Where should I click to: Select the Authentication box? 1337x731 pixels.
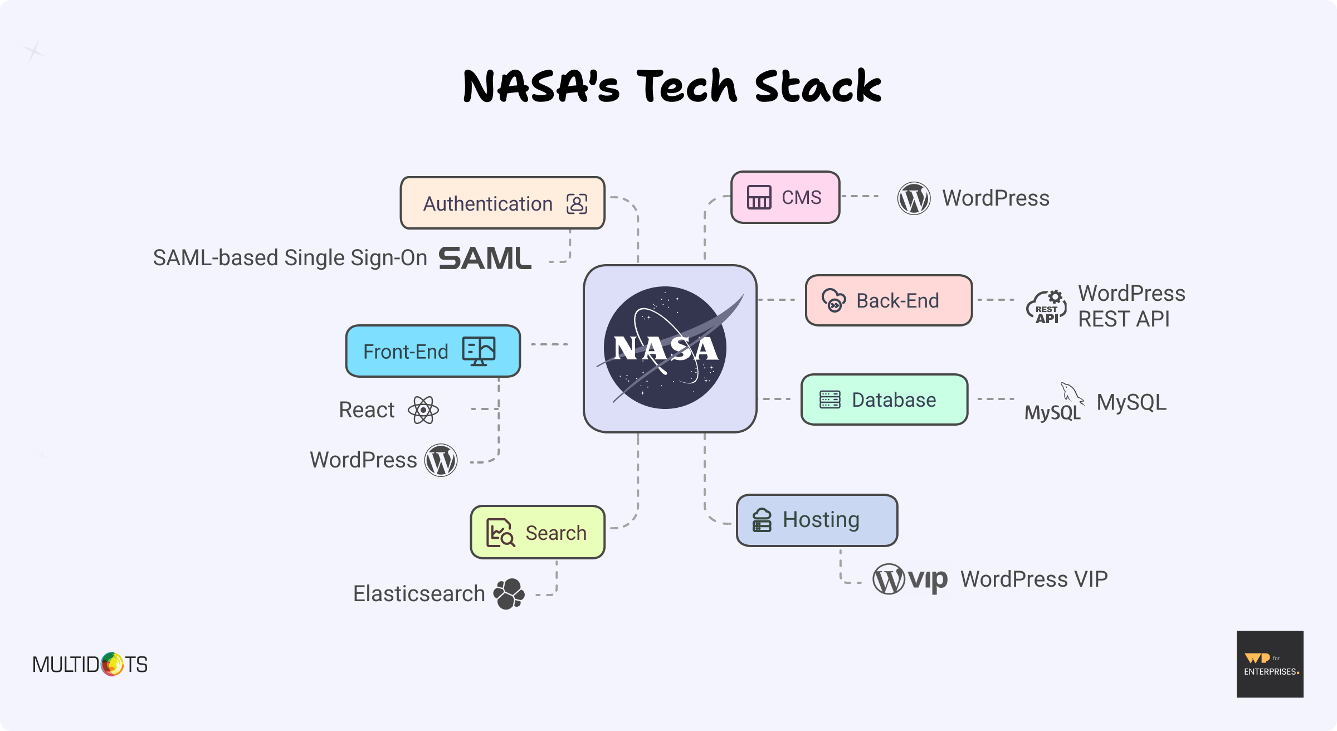point(502,203)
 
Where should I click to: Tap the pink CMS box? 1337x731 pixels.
point(785,197)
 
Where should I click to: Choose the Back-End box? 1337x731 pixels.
point(889,300)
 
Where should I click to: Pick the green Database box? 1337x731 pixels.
point(884,399)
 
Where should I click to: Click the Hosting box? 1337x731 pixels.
point(817,520)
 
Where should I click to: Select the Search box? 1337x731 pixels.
point(538,533)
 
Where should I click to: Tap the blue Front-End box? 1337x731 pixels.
point(433,351)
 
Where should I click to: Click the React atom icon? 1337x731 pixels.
point(423,410)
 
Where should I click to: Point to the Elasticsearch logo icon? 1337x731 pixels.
point(509,594)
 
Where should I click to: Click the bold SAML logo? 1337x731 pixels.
point(485,259)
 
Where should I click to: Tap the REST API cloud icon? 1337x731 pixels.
point(1047,307)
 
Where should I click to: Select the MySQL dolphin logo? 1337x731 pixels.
point(1055,402)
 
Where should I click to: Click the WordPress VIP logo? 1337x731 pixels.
point(910,579)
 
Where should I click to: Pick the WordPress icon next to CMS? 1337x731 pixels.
point(914,198)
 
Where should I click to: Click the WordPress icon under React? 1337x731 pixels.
point(441,460)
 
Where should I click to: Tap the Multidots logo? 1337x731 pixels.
point(90,664)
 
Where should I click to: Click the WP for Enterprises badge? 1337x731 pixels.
point(1270,664)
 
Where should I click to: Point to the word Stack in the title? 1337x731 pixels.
point(818,87)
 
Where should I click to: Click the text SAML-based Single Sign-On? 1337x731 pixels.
point(290,258)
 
